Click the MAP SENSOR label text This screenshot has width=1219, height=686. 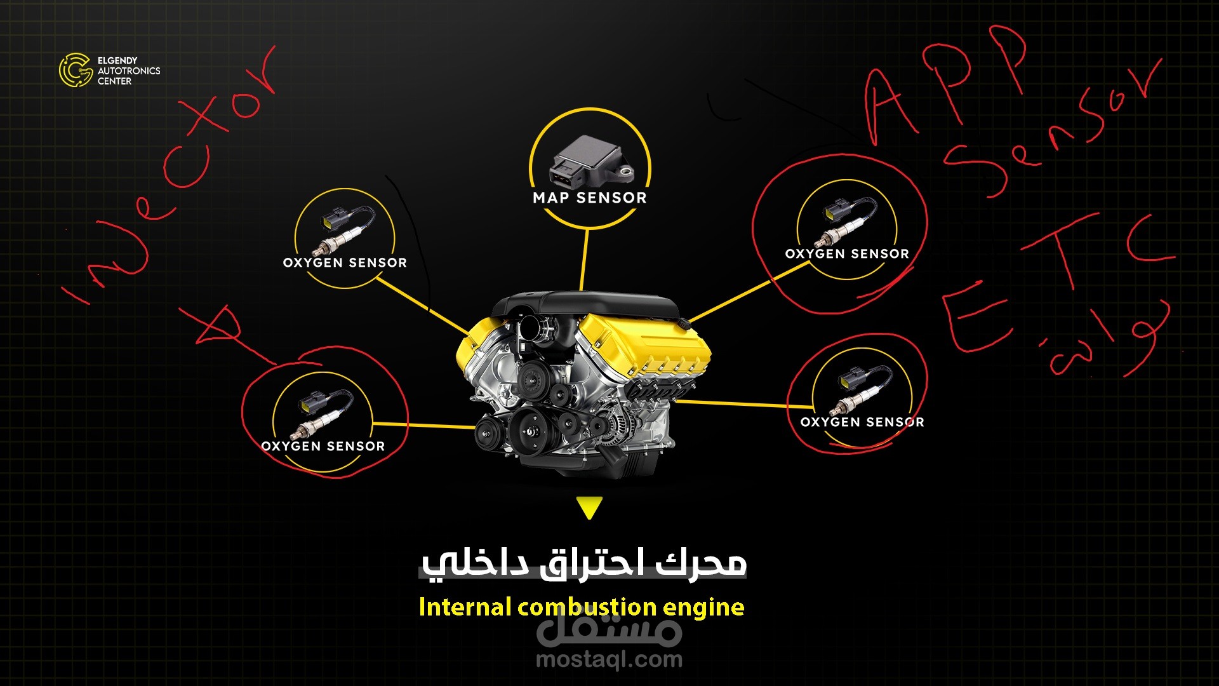pos(590,198)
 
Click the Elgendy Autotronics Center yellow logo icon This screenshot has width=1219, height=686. pos(76,70)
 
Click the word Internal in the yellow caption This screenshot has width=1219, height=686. pos(465,607)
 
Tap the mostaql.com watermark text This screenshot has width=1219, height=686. pos(609,659)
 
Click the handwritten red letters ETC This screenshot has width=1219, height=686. pos(1054,279)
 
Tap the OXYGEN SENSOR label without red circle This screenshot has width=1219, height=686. pos(345,263)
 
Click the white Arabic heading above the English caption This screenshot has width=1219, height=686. pos(583,563)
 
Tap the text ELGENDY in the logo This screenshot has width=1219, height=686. pos(117,60)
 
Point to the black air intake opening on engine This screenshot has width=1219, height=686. pos(531,329)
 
